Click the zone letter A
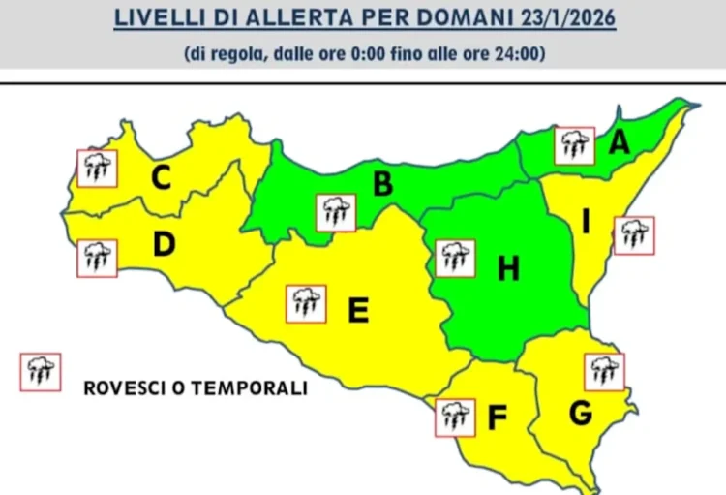[619, 142]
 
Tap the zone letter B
[383, 183]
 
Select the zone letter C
[161, 178]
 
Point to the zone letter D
[165, 246]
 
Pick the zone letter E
[358, 311]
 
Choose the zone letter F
[498, 418]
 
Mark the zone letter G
[580, 414]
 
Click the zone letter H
[508, 270]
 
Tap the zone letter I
[586, 223]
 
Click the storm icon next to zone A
[574, 146]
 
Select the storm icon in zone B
[336, 212]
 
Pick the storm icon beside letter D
[96, 258]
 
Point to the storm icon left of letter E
[306, 303]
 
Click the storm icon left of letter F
[454, 417]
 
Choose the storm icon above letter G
[605, 371]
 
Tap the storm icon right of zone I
[634, 235]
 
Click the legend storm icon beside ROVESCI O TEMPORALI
[41, 372]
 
